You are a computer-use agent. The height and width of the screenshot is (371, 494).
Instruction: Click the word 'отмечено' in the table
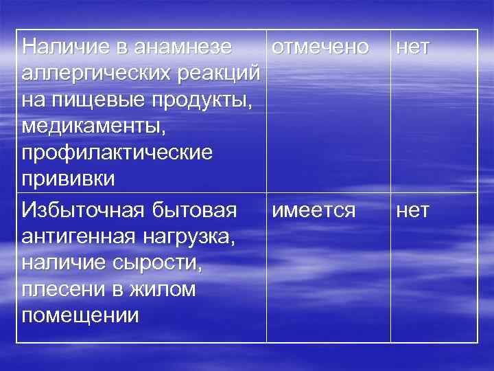pyautogui.click(x=320, y=47)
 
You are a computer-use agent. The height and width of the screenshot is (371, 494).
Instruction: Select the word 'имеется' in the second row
pyautogui.click(x=314, y=210)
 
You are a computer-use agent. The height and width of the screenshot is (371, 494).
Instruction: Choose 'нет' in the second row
pyautogui.click(x=412, y=210)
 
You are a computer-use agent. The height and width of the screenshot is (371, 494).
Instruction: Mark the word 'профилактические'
pyautogui.click(x=117, y=152)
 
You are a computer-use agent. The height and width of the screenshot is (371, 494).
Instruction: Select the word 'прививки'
pyautogui.click(x=69, y=178)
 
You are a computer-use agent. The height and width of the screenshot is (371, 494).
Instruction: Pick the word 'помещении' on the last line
pyautogui.click(x=80, y=316)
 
